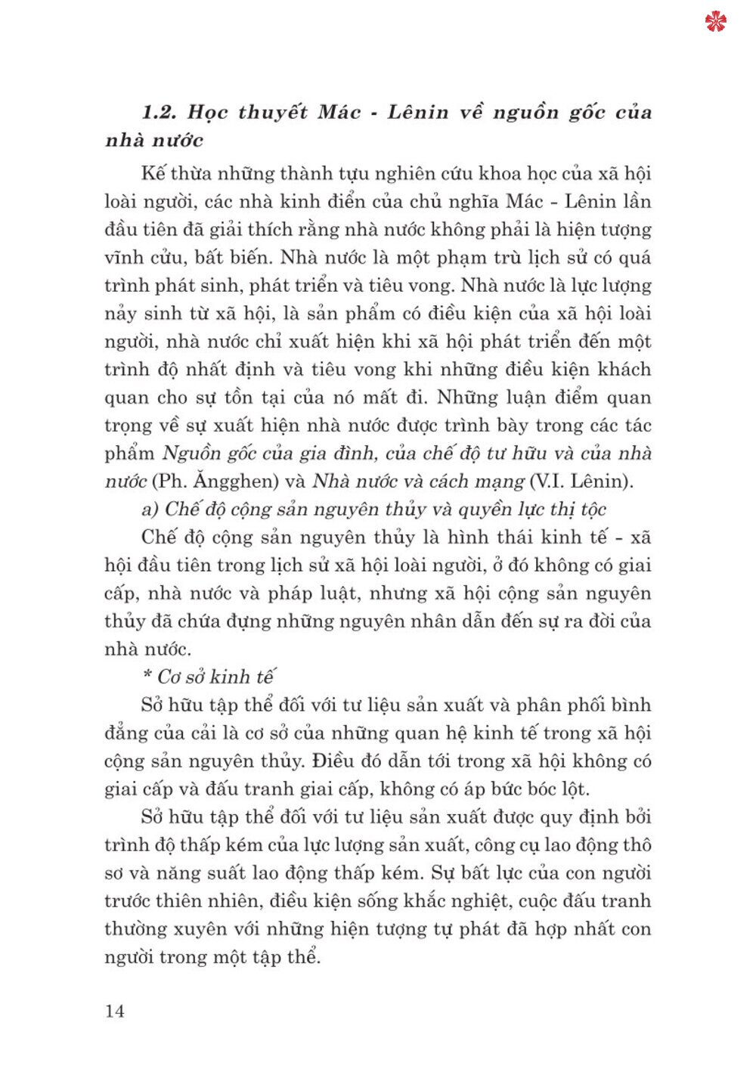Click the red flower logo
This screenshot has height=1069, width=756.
715,22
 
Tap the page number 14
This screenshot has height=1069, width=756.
114,1011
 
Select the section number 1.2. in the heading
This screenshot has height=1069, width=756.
159,113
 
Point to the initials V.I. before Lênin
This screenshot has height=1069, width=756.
549,481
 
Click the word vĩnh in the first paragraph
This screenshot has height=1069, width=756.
124,257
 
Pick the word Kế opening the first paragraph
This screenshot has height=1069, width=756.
153,173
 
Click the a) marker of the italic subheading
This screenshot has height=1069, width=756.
150,509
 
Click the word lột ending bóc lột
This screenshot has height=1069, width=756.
574,789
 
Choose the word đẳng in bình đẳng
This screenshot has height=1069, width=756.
125,733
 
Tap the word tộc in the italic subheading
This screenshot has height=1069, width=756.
593,509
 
